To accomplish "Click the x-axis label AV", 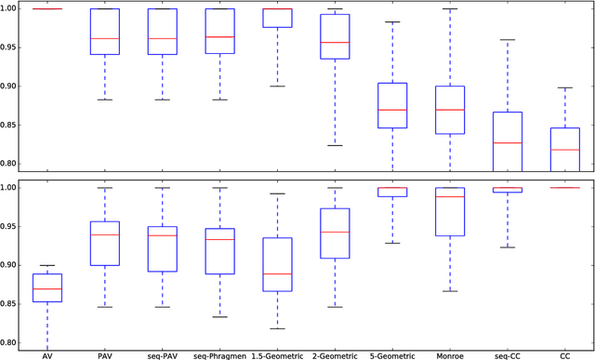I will click(x=46, y=354).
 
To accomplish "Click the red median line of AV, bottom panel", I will click(x=46, y=289).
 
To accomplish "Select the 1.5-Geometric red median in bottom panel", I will click(x=277, y=273).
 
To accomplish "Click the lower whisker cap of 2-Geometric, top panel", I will click(x=335, y=145).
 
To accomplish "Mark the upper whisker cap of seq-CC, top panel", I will click(x=508, y=40).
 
